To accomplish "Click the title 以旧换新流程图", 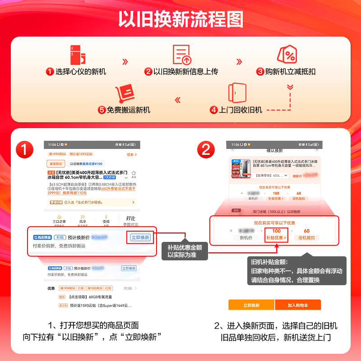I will tap(180, 19).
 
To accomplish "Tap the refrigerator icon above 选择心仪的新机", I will tap(78, 55).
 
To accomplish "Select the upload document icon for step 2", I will tap(182, 55).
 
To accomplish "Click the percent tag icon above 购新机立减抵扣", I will tap(287, 55).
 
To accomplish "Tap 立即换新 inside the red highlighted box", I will tap(140, 237).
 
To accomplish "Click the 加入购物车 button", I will tap(298, 305).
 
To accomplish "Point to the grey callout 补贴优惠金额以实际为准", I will tap(185, 251).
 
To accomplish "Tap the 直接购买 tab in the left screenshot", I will tap(56, 164).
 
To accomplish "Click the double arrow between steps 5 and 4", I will tap(177, 100).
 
